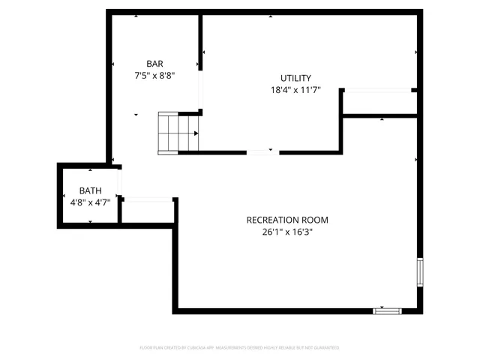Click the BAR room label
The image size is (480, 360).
154,64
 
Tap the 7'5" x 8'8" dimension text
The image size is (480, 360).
154,75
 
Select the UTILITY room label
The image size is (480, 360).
295,78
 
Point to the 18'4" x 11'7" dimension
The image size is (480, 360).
295,90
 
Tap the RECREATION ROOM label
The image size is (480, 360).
287,220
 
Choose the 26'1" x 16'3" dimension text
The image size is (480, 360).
287,232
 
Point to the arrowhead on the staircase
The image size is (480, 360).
196,133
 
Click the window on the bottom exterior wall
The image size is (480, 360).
388,310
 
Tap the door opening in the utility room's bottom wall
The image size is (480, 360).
262,152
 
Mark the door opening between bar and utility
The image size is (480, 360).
200,90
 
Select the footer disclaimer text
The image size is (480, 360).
239,348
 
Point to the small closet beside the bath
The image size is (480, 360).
147,211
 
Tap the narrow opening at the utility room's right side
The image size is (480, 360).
379,91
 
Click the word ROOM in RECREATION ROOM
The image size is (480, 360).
315,220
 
